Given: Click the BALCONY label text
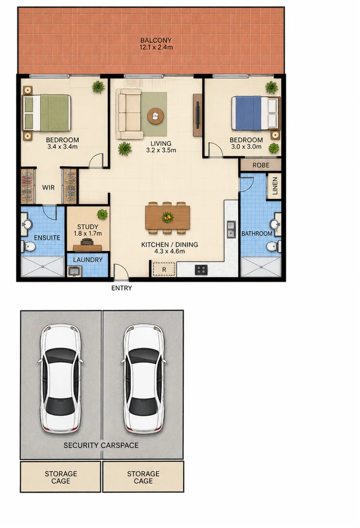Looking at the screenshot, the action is [x=156, y=40].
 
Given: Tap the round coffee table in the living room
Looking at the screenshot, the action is [x=155, y=116].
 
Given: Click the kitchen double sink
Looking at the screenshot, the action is [x=231, y=229].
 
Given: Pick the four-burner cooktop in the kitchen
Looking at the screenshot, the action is [x=201, y=270].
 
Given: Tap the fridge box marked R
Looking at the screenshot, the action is [x=164, y=270].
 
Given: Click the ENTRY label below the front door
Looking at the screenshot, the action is [x=122, y=288].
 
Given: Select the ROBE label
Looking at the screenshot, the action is [x=261, y=165].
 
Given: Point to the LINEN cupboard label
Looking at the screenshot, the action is [x=275, y=186].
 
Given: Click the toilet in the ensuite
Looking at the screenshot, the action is [x=29, y=247].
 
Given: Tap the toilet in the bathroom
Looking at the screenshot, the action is [x=274, y=246].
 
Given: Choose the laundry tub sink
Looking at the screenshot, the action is [x=74, y=271].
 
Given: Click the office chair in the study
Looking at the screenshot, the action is [x=87, y=242].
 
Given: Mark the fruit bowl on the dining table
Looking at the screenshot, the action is [x=167, y=217].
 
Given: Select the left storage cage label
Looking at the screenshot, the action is [x=61, y=477].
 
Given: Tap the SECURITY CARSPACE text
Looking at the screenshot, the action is [x=101, y=445].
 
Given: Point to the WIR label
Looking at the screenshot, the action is [x=48, y=188].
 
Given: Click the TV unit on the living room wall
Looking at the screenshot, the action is [x=198, y=115].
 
